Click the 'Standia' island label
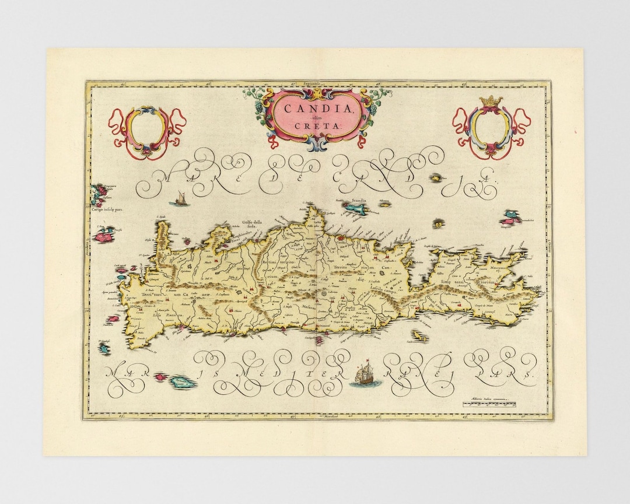click(358, 200)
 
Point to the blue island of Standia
click(355, 206)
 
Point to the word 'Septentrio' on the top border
click(314, 83)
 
